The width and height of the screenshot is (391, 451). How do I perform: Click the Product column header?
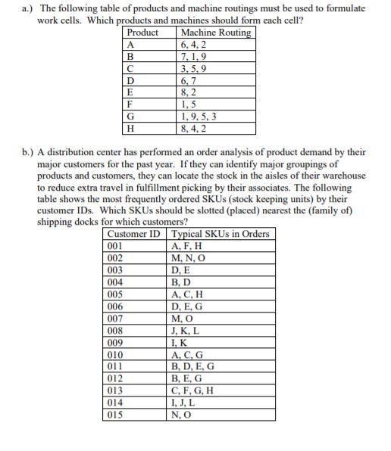click(143, 33)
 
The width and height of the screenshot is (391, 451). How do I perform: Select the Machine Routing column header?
click(214, 33)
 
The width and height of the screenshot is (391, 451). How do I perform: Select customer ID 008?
click(116, 330)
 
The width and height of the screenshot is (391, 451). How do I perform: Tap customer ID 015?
click(116, 415)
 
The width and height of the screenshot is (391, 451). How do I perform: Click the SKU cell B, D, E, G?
click(194, 367)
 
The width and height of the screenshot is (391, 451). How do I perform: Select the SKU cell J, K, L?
click(186, 330)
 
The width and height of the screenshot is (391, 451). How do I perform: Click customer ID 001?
click(116, 245)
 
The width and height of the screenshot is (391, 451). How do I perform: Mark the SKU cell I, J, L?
click(186, 403)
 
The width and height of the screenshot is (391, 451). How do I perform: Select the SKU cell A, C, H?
click(188, 294)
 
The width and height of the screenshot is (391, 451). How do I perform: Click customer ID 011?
click(116, 367)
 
